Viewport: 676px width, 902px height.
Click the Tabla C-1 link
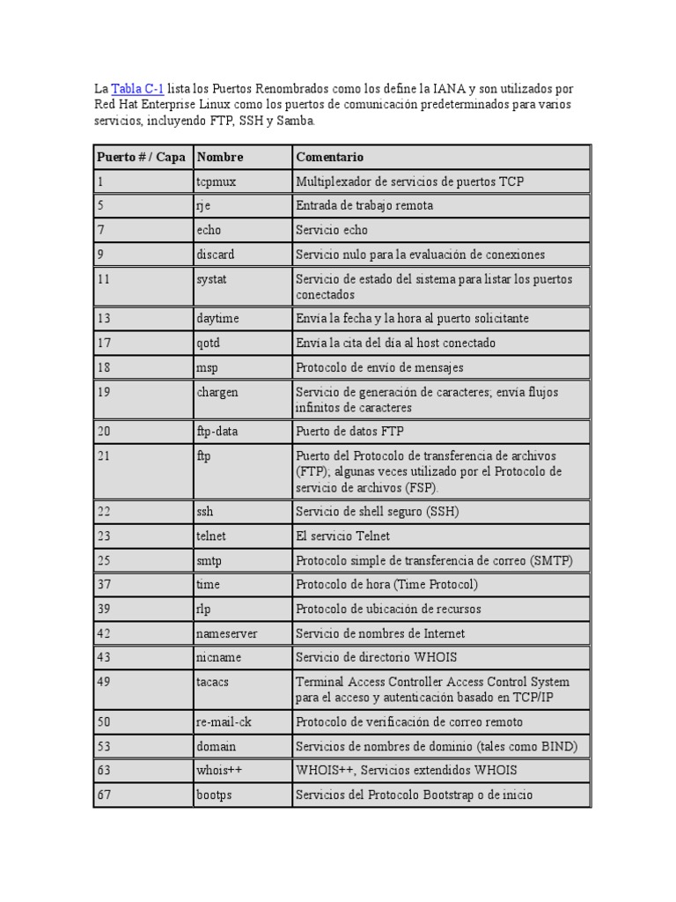137,90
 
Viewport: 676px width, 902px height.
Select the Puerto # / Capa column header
141,157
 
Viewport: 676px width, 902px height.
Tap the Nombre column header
220,157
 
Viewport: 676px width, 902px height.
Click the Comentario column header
330,157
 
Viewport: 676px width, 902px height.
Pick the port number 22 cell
105,511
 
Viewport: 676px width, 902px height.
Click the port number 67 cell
105,795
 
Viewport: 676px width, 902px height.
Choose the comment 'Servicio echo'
332,230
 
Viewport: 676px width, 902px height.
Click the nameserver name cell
227,633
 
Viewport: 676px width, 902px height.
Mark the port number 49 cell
105,681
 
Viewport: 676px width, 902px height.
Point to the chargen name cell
217,391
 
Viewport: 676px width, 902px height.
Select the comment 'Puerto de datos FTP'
349,431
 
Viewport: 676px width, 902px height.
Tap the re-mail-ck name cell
224,721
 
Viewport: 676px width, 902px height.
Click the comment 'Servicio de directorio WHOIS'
376,657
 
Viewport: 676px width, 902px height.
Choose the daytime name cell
218,318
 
